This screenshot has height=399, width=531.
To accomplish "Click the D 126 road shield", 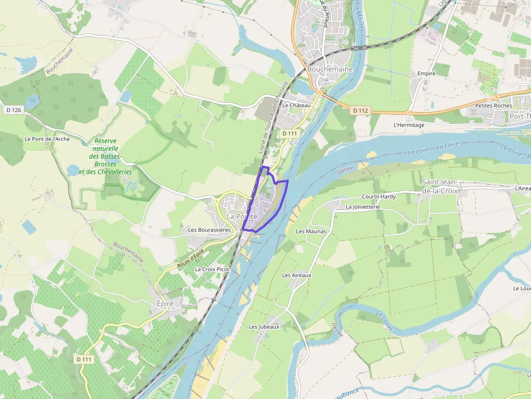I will (14, 110).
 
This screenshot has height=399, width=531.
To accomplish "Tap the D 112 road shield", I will (360, 110).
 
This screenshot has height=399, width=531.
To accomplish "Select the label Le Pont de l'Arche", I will (47, 139).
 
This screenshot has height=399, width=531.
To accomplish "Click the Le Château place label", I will (297, 105).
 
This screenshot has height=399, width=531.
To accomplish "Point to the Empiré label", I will (426, 73).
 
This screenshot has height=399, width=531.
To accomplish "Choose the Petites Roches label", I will (493, 106).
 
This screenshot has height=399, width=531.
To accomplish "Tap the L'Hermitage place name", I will (409, 125).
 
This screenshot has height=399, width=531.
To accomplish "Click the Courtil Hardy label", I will (379, 197).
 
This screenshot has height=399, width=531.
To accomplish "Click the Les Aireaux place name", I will (297, 275).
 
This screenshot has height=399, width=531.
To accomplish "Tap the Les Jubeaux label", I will (264, 326).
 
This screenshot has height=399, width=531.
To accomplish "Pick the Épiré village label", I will (165, 304).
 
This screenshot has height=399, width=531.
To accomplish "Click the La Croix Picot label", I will (212, 269).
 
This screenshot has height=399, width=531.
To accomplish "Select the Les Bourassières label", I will (209, 230).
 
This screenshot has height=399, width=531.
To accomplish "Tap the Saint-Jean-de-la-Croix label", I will (440, 187).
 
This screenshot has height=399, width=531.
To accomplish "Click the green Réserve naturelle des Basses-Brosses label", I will (105, 156).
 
